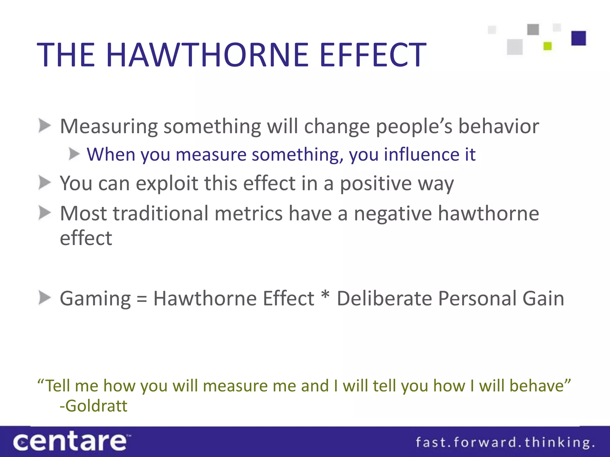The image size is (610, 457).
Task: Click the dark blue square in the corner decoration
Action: coord(578,38)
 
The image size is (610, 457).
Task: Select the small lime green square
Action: coord(547,46)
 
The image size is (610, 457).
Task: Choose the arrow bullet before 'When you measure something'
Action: coord(74,154)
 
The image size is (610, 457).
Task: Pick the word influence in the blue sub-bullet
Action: coord(421,155)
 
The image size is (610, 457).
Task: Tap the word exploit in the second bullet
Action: coord(167,183)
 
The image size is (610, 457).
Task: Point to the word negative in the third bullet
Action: coord(393,214)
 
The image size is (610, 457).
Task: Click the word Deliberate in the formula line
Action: coord(384,298)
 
